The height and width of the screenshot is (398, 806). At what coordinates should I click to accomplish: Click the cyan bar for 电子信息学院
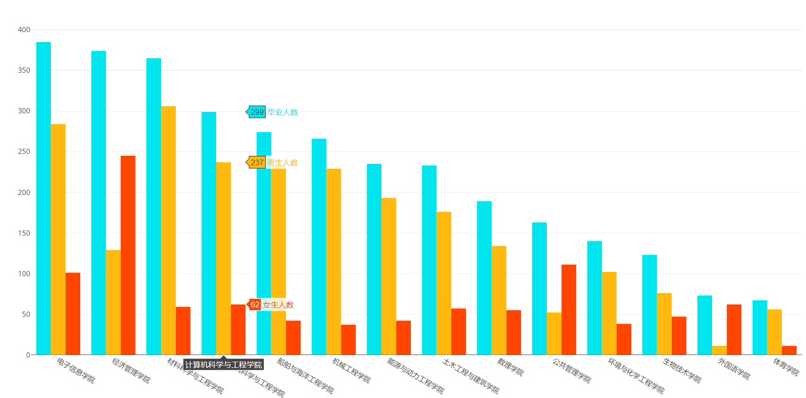pyautogui.click(x=43, y=198)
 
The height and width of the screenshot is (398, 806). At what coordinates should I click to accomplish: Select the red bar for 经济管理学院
pyautogui.click(x=128, y=255)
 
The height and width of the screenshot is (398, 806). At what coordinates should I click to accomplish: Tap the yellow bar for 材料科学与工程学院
pyautogui.click(x=168, y=230)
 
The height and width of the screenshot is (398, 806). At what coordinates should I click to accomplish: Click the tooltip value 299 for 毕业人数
pyautogui.click(x=257, y=112)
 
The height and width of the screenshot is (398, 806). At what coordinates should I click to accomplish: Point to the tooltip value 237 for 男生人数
pyautogui.click(x=257, y=162)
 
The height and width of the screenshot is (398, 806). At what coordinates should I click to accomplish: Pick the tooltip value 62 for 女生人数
pyautogui.click(x=255, y=305)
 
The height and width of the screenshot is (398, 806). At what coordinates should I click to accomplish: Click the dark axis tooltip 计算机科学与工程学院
pyautogui.click(x=223, y=364)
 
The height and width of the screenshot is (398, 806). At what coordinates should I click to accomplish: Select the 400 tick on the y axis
pyautogui.click(x=24, y=30)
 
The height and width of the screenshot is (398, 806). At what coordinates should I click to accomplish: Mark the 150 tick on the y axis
pyautogui.click(x=24, y=233)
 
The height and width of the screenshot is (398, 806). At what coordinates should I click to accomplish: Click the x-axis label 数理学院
pyautogui.click(x=510, y=367)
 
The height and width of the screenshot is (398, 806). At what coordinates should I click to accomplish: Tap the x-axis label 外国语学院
pyautogui.click(x=734, y=369)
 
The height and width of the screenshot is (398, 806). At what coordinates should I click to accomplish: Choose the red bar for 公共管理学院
pyautogui.click(x=568, y=310)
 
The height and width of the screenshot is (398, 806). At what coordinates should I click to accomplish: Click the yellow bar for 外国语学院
pyautogui.click(x=719, y=350)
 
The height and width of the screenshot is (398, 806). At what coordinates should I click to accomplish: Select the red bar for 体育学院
pyautogui.click(x=789, y=350)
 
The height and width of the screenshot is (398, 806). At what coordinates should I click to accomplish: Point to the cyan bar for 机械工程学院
pyautogui.click(x=319, y=246)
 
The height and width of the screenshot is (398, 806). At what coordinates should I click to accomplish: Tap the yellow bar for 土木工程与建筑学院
pyautogui.click(x=444, y=283)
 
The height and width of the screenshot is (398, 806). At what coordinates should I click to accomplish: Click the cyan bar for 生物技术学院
pyautogui.click(x=649, y=305)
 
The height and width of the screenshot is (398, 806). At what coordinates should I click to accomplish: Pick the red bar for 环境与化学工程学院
pyautogui.click(x=624, y=339)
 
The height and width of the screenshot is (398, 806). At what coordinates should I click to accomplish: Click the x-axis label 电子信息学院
pyautogui.click(x=76, y=371)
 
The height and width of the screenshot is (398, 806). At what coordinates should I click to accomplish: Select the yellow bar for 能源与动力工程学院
pyautogui.click(x=389, y=276)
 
